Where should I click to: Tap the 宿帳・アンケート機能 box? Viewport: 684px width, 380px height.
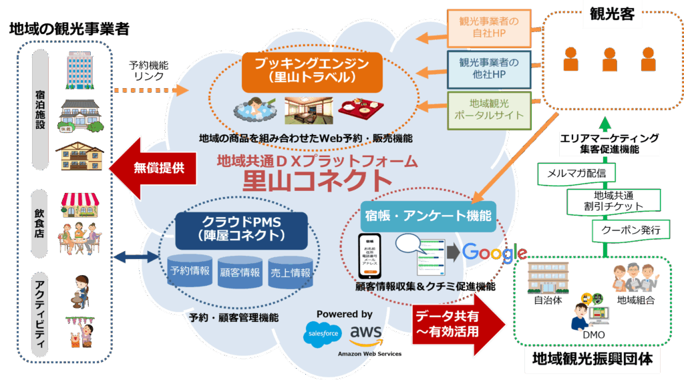coord(428,216)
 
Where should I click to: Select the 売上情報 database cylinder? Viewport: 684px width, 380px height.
coord(291,271)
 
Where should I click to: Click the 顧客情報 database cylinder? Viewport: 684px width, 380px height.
coord(240,271)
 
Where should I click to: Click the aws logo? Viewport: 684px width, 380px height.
coord(365,333)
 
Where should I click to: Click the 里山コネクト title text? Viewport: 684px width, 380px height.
coord(316,180)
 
